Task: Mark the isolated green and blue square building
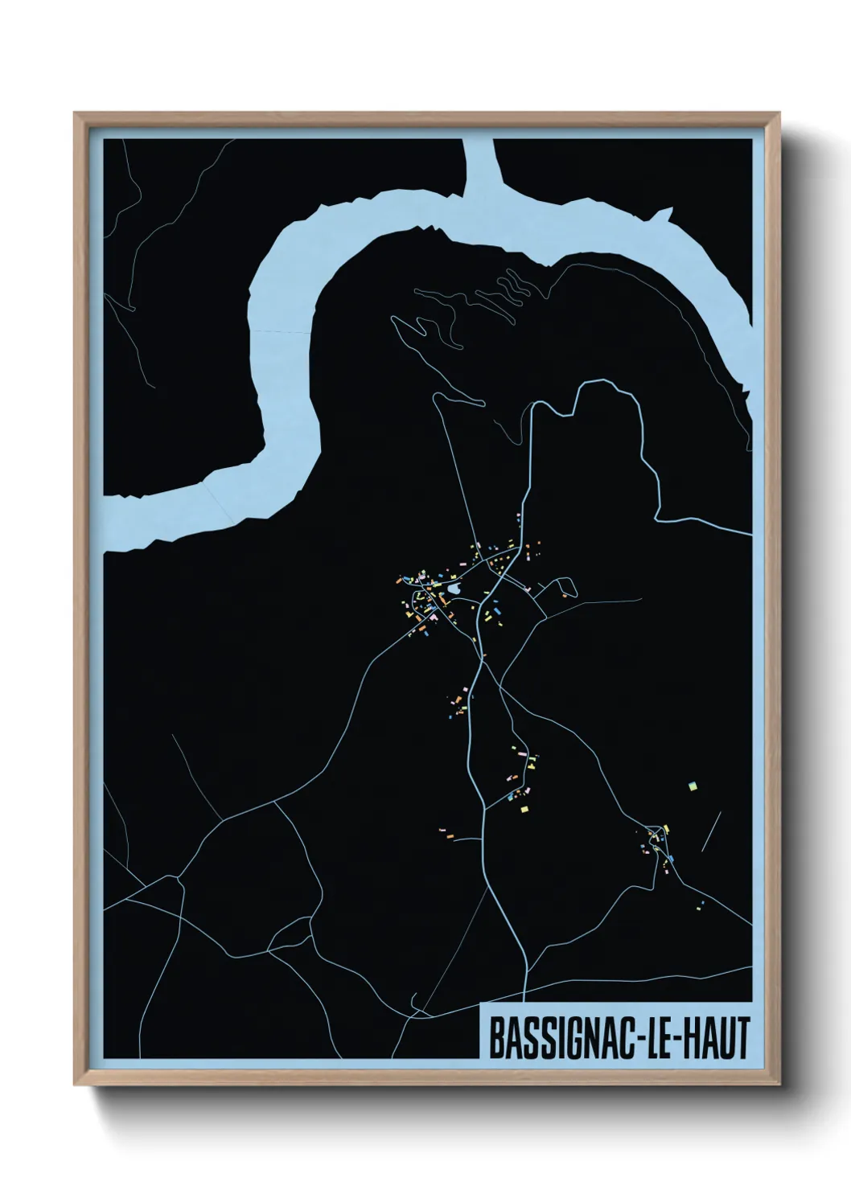[691, 785]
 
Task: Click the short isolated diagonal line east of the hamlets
[711, 831]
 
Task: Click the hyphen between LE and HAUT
[679, 1040]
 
